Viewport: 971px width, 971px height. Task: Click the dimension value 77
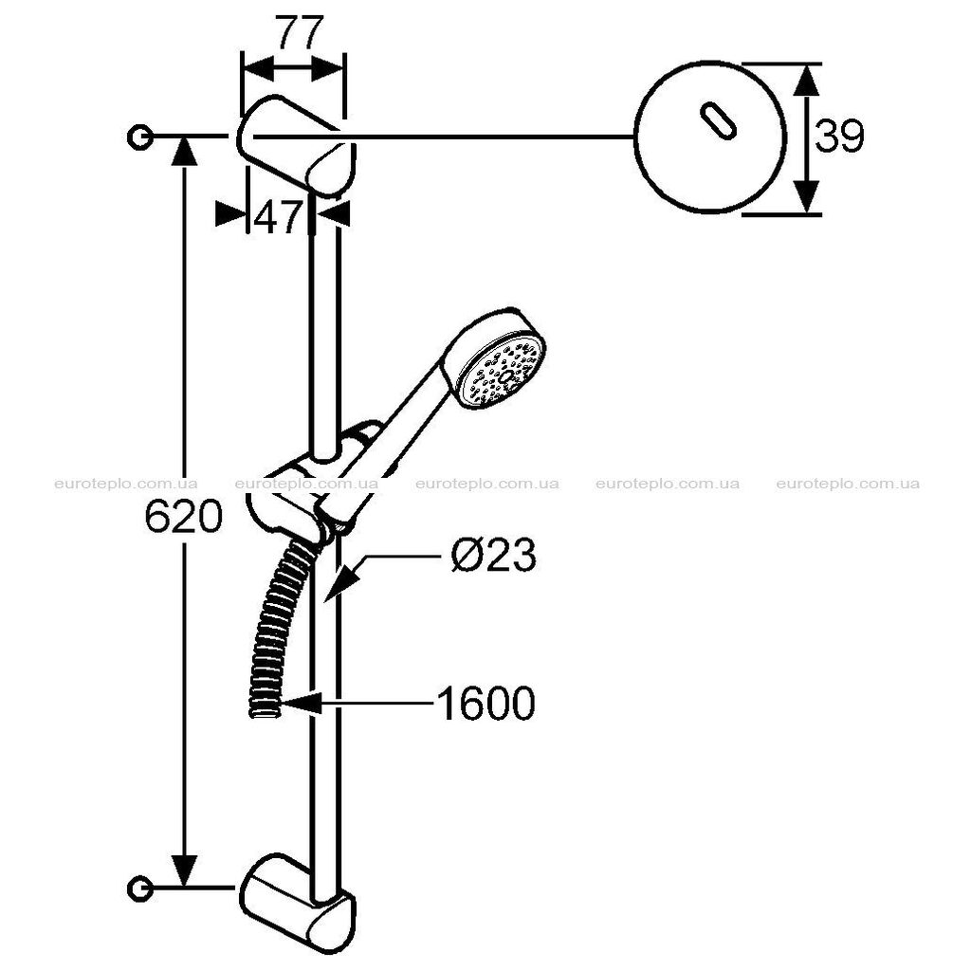pos(300,33)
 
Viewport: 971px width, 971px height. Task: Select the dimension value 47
pos(277,216)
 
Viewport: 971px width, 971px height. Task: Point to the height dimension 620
pos(183,517)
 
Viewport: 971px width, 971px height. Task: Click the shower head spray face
pos(503,372)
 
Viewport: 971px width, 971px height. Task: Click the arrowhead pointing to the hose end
pos(301,704)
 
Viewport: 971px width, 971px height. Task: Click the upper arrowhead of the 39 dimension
pos(806,81)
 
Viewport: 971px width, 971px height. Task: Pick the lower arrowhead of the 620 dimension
pos(183,870)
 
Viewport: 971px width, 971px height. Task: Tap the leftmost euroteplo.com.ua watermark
pos(126,484)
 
